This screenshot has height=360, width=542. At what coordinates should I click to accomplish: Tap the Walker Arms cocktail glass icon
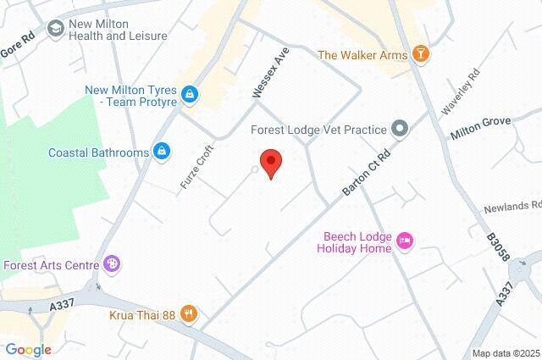click(x=421, y=55)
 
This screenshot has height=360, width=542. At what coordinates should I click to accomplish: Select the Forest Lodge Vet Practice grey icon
click(x=399, y=130)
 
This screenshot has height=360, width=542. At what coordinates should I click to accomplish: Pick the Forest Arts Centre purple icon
click(x=112, y=264)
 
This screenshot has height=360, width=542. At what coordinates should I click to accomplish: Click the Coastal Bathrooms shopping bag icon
click(x=161, y=152)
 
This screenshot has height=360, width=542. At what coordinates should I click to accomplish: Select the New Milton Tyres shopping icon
click(x=190, y=94)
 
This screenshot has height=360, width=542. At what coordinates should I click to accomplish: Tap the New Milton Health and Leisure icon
click(x=57, y=30)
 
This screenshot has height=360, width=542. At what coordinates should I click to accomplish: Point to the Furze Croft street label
click(x=194, y=166)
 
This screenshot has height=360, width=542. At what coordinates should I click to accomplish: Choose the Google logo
click(x=28, y=350)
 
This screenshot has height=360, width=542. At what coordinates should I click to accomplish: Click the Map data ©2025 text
click(x=506, y=353)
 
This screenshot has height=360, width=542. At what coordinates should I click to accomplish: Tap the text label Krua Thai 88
click(x=141, y=315)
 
